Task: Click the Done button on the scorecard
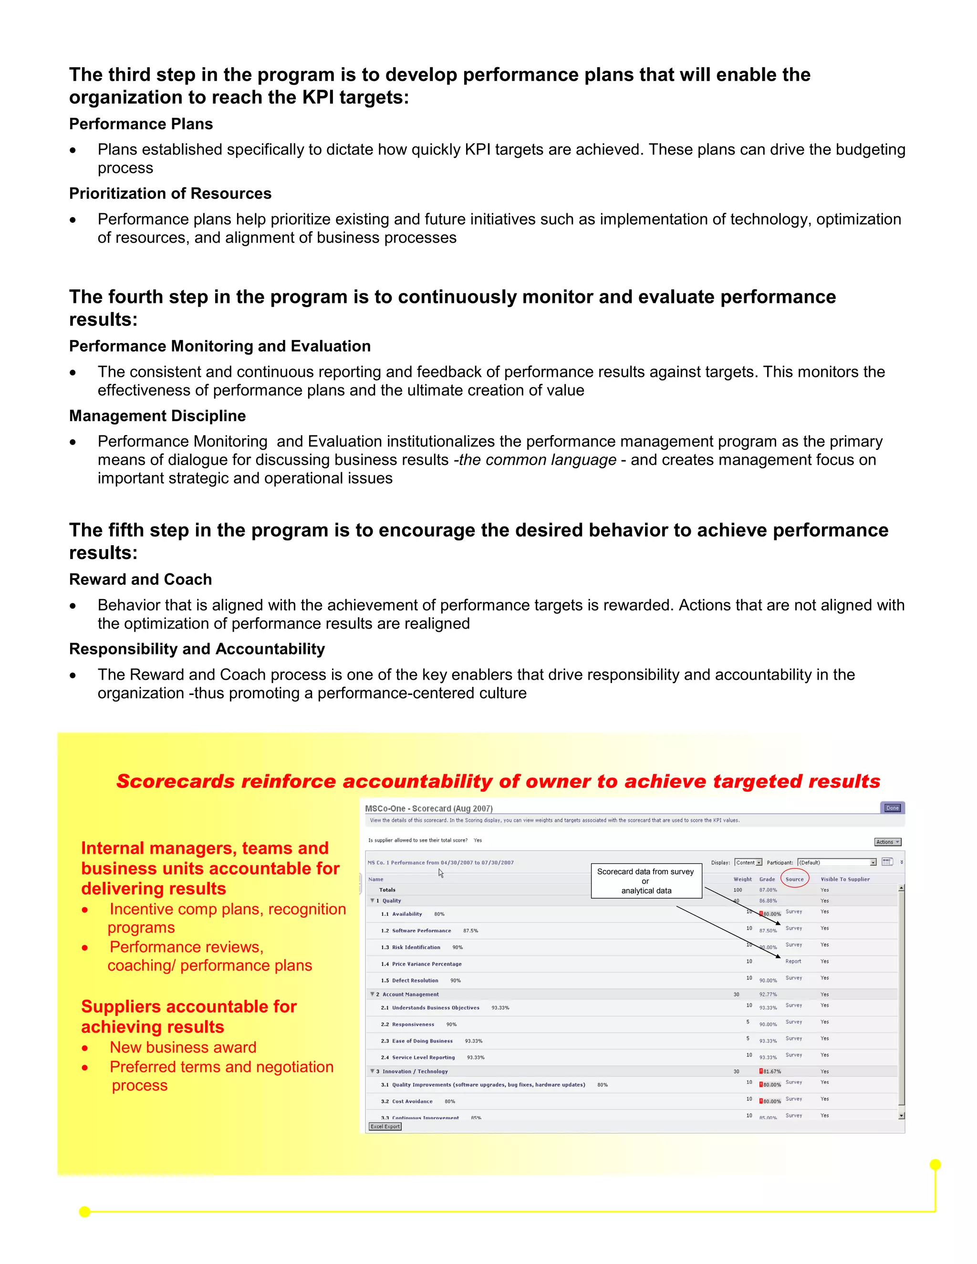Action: pyautogui.click(x=892, y=808)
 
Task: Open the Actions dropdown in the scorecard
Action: pyautogui.click(x=887, y=842)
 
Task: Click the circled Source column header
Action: pyautogui.click(x=794, y=879)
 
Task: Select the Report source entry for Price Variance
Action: pyautogui.click(x=793, y=961)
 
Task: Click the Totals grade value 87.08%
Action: pyautogui.click(x=768, y=890)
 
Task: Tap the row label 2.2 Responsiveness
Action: pyautogui.click(x=413, y=1025)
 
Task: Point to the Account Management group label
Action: pyautogui.click(x=410, y=995)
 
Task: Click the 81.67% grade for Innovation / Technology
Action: pyautogui.click(x=771, y=1071)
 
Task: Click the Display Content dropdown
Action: pyautogui.click(x=748, y=862)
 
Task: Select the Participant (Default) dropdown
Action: pyautogui.click(x=836, y=862)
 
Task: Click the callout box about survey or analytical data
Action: pyautogui.click(x=646, y=881)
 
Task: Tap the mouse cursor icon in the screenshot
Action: pyautogui.click(x=440, y=873)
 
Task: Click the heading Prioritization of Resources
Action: pyautogui.click(x=170, y=193)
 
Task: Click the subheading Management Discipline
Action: pyautogui.click(x=157, y=415)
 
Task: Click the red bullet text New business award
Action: pyautogui.click(x=183, y=1047)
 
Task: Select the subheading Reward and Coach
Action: pyautogui.click(x=141, y=580)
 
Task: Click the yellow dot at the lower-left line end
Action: pyautogui.click(x=84, y=1212)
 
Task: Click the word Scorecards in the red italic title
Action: pyautogui.click(x=176, y=781)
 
